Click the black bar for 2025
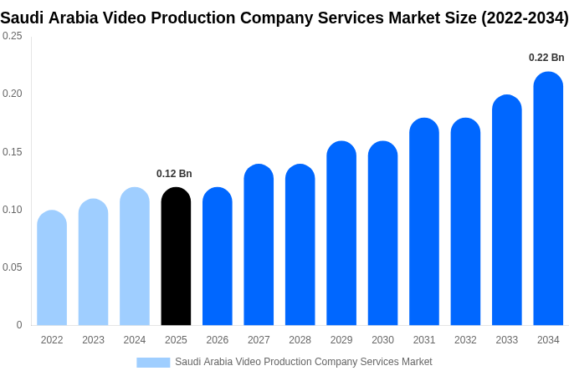(176, 257)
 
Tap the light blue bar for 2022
(52, 268)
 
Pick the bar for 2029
(341, 233)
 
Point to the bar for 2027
(259, 245)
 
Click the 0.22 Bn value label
(546, 58)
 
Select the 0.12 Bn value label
(174, 174)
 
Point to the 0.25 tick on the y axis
(13, 36)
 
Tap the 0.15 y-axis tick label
(13, 152)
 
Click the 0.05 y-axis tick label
(13, 267)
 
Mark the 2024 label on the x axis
(135, 340)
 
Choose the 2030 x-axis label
(382, 340)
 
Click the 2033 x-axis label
(507, 340)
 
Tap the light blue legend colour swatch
(153, 362)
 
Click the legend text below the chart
(304, 362)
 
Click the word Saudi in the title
(23, 18)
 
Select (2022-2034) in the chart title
(525, 18)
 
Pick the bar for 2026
(218, 257)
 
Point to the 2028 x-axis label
(300, 340)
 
